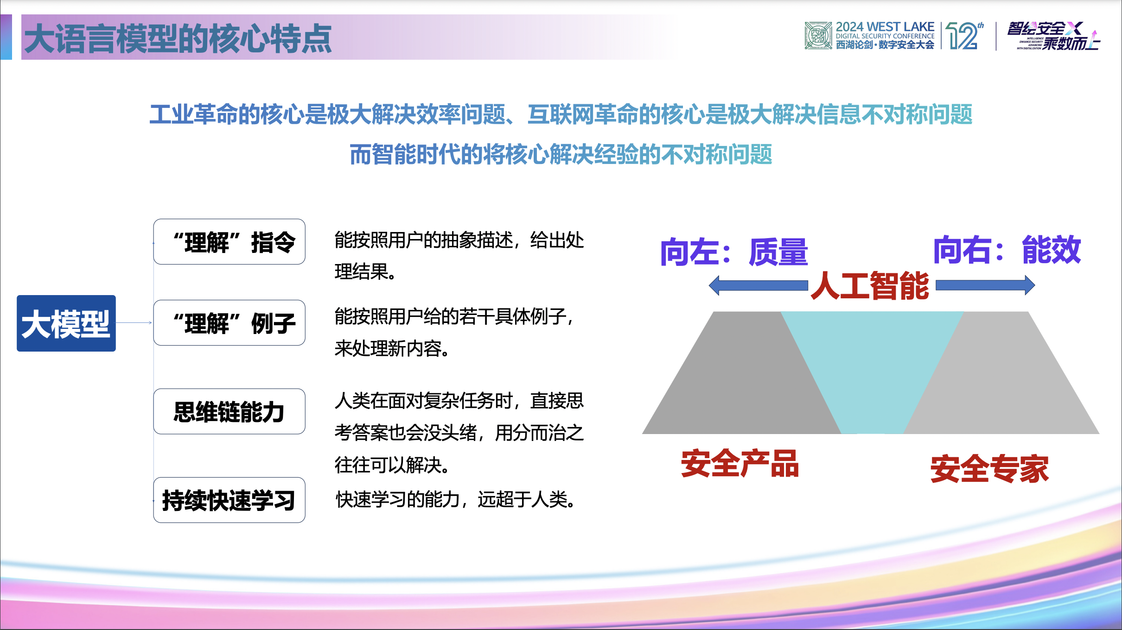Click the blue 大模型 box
pos(66,323)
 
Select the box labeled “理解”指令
pos(229,242)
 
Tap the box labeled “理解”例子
pos(229,323)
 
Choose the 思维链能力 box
pos(229,411)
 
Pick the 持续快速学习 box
pos(229,500)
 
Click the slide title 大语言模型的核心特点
pos(178,38)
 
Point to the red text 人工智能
pos(870,286)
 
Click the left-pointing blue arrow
pos(758,285)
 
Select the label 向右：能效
pos(1007,250)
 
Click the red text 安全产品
pos(740,464)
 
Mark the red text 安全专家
pos(989,469)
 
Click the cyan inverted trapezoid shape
pos(872,366)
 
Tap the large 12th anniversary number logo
pos(963,36)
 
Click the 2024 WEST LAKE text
pos(885,27)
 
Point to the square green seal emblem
pos(818,35)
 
